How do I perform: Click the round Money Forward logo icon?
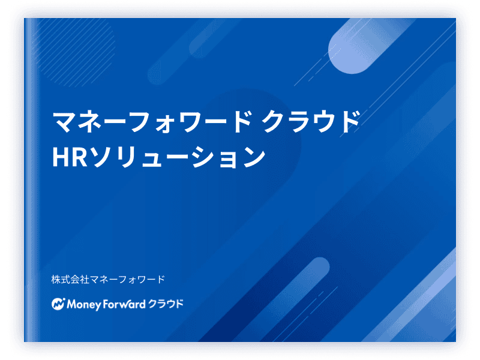pos(58,304)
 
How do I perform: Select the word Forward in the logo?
pos(124,304)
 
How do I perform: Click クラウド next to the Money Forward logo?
pos(166,304)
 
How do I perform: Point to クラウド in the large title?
pos(311,122)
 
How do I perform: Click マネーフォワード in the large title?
pos(152,122)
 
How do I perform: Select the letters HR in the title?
pos(70,157)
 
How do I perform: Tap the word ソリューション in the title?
pos(178,157)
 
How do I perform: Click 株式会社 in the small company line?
pos(70,279)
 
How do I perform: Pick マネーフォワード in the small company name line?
pos(127,279)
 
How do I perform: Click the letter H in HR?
pos(61,157)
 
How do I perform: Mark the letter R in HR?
pos(80,157)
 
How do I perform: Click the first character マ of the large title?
pos(64,122)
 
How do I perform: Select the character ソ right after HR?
pos(103,157)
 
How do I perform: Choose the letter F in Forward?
pos(106,304)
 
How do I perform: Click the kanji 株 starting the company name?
pos(56,279)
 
